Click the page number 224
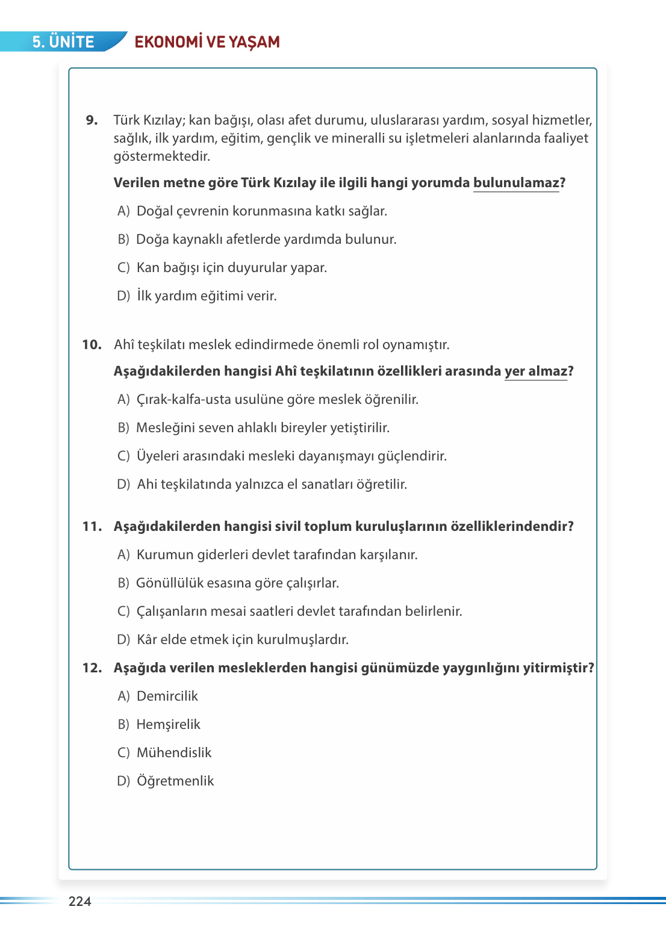pyautogui.click(x=79, y=901)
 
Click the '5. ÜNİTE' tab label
pyautogui.click(x=63, y=42)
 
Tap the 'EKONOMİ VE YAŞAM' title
pyautogui.click(x=207, y=42)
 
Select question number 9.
pyautogui.click(x=92, y=120)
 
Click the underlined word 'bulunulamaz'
pyautogui.click(x=516, y=182)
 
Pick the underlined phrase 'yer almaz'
pyautogui.click(x=535, y=371)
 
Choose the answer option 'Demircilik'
pyautogui.click(x=167, y=696)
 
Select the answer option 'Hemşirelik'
pyautogui.click(x=168, y=724)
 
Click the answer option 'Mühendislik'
pyautogui.click(x=174, y=752)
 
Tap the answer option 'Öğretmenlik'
pyautogui.click(x=175, y=781)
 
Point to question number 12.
pyautogui.click(x=92, y=668)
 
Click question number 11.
pyautogui.click(x=92, y=526)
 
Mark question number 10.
pyautogui.click(x=92, y=344)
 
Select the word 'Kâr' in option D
pyautogui.click(x=147, y=639)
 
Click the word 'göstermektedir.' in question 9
pyautogui.click(x=161, y=156)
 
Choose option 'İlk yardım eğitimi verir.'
pyautogui.click(x=206, y=296)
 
